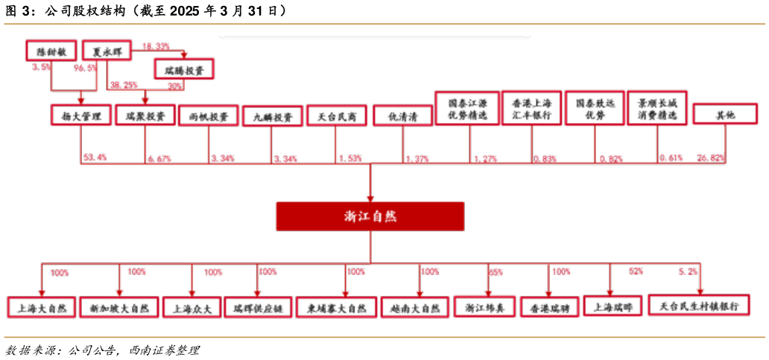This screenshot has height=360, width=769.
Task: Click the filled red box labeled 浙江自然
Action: click(x=370, y=215)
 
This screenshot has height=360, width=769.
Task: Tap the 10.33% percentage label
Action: click(x=156, y=46)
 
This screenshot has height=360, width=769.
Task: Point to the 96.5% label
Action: click(x=86, y=68)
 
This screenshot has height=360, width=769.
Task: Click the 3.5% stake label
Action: click(x=42, y=67)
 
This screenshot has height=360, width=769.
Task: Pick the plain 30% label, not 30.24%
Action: click(x=174, y=86)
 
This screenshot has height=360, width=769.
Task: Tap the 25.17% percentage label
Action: click(x=709, y=158)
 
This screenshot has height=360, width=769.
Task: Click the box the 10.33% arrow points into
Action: click(x=184, y=69)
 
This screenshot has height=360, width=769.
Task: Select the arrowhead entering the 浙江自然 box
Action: click(x=370, y=197)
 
